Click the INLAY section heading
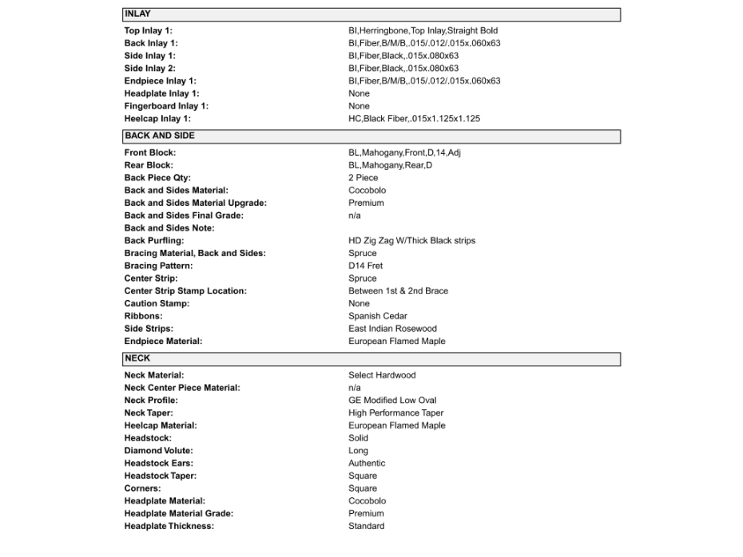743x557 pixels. (137, 14)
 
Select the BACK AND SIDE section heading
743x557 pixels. (159, 136)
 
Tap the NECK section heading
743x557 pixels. (137, 359)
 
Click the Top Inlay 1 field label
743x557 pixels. (149, 30)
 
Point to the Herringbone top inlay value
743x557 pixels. (423, 30)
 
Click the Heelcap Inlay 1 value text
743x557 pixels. (414, 119)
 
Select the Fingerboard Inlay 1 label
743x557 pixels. (166, 106)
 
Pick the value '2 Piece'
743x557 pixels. (364, 178)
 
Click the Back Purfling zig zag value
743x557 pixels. (411, 241)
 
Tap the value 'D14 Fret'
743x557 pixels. (366, 266)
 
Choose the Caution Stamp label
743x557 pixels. (157, 304)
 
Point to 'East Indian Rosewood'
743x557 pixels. (392, 329)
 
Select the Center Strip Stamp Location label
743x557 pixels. (185, 291)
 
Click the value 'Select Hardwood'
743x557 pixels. (382, 375)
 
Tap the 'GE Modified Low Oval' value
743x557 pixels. (392, 401)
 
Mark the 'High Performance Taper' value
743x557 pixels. (395, 413)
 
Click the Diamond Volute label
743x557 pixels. (158, 451)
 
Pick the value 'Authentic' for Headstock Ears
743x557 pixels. (367, 464)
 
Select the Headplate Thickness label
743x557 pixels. (169, 527)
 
